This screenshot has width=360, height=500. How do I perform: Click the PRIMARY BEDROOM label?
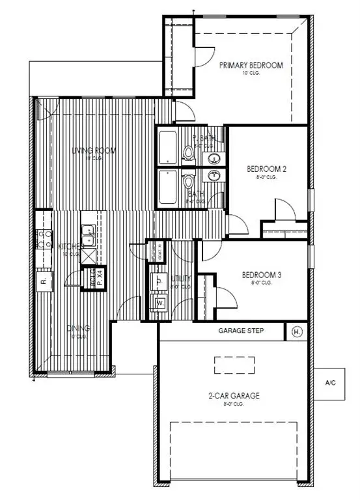(x=251, y=65)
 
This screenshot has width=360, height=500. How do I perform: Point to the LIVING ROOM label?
(x=94, y=151)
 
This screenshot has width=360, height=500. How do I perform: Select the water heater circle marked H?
(x=298, y=331)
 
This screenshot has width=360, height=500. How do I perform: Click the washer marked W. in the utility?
(x=159, y=302)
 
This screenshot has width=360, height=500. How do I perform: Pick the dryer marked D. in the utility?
(x=159, y=281)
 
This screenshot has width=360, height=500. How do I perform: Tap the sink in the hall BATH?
(x=213, y=175)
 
